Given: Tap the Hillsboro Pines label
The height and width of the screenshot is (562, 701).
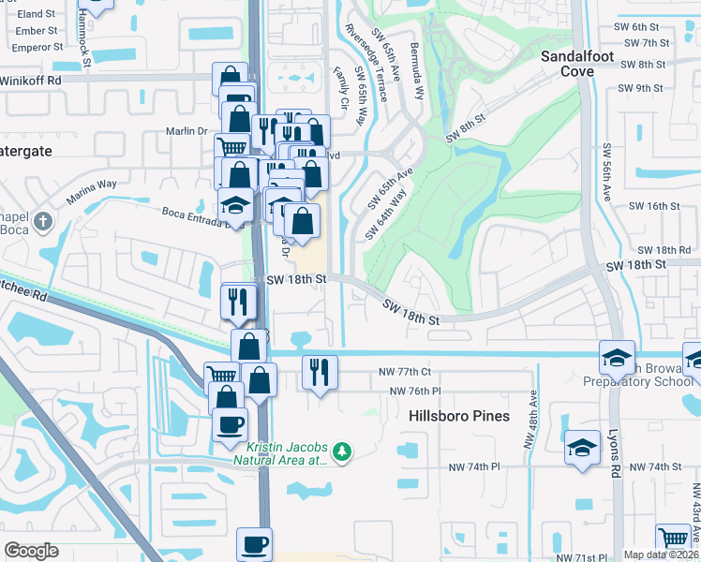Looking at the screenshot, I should click(x=459, y=416).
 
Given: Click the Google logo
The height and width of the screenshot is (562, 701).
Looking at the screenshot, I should click(x=31, y=551).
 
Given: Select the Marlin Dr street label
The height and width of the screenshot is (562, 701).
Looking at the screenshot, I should click(x=186, y=131).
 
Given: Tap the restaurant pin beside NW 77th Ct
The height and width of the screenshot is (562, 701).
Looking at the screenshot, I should click(x=320, y=373).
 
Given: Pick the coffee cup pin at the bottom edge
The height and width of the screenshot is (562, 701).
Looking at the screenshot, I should click(x=254, y=545).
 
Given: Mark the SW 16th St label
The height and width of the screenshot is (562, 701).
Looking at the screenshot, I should click(x=653, y=206).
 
